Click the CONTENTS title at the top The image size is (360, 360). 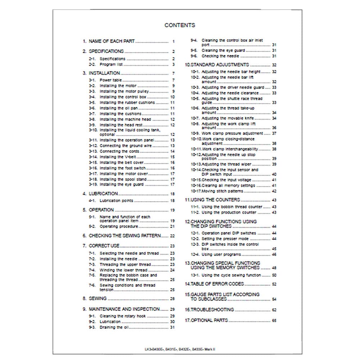click(x=180, y=25)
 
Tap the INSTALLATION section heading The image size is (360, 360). click(x=104, y=73)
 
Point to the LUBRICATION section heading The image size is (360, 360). click(x=103, y=193)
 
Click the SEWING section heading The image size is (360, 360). click(x=98, y=298)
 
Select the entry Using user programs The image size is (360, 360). click(x=221, y=255)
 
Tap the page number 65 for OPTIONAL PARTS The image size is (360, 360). click(x=274, y=320)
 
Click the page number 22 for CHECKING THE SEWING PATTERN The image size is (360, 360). click(x=172, y=236)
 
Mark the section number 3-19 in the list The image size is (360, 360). click(x=93, y=184)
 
